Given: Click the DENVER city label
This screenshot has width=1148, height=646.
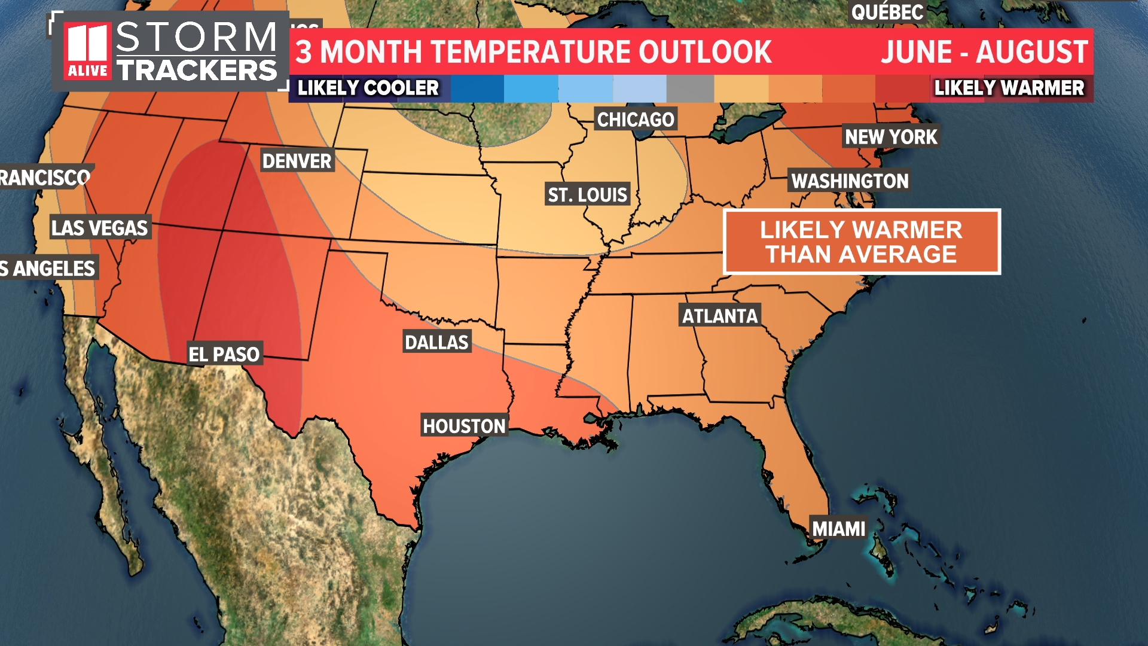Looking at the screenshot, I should [297, 161].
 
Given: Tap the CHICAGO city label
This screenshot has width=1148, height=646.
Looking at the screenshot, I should [636, 120].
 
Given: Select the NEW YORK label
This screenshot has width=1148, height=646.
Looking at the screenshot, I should [891, 137].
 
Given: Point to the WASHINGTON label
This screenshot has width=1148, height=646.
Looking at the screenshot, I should [850, 181].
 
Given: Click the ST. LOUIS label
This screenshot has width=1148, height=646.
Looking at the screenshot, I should [588, 194].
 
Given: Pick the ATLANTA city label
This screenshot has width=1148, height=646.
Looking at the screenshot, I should [720, 316].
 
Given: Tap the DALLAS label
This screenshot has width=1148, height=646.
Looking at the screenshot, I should [436, 342].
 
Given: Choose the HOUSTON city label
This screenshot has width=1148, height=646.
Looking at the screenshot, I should [464, 426].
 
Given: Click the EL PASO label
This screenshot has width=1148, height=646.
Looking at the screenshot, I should [224, 354].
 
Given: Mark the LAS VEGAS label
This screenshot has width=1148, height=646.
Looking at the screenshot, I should [99, 228].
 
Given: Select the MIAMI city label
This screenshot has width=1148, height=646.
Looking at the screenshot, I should [838, 529].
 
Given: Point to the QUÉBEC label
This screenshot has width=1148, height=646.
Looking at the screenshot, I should [887, 12].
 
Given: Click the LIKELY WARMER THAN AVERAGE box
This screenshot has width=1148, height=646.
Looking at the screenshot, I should [862, 242].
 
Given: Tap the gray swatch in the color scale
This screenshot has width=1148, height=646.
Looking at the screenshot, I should [690, 89].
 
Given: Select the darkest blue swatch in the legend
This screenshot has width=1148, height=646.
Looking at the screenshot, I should [477, 89].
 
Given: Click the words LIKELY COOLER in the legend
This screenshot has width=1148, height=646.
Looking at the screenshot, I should [368, 89].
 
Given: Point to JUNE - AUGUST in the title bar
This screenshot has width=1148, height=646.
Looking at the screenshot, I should [984, 52].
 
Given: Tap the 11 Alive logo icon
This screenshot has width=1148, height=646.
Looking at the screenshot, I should [88, 51].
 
